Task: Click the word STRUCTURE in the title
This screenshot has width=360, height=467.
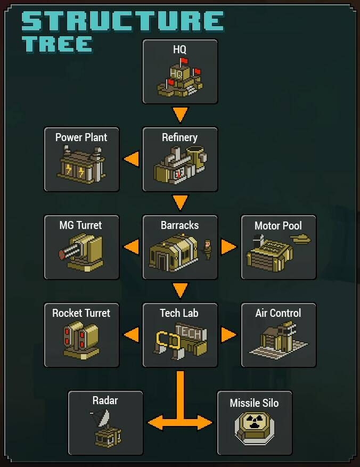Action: pyautogui.click(x=122, y=21)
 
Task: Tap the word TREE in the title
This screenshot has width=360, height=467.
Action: pyautogui.click(x=57, y=44)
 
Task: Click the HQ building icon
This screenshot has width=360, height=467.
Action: pyautogui.click(x=180, y=78)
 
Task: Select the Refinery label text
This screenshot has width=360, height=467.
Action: pyautogui.click(x=179, y=137)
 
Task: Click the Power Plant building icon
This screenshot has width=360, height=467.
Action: pyautogui.click(x=81, y=165)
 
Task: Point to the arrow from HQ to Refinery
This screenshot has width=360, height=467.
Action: pyautogui.click(x=180, y=114)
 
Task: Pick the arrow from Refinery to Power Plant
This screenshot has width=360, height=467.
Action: pyautogui.click(x=132, y=159)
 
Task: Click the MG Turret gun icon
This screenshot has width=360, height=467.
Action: pyautogui.click(x=81, y=252)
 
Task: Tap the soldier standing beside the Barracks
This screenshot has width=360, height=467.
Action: pyautogui.click(x=208, y=250)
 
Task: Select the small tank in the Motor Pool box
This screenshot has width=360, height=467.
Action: pyautogui.click(x=300, y=239)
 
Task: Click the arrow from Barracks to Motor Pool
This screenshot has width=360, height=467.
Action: pyautogui.click(x=228, y=247)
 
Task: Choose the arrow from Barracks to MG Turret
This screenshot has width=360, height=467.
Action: pyautogui.click(x=132, y=247)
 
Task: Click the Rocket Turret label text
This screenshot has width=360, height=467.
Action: pyautogui.click(x=81, y=313)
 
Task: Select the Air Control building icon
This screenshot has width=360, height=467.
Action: pyautogui.click(x=279, y=340)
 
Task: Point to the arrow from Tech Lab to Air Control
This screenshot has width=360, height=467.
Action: pyautogui.click(x=228, y=335)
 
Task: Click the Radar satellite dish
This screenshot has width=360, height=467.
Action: pyautogui.click(x=101, y=417)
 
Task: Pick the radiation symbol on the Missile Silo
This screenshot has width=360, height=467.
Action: pyautogui.click(x=255, y=421)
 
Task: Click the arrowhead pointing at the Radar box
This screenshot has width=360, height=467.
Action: pyautogui.click(x=156, y=423)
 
